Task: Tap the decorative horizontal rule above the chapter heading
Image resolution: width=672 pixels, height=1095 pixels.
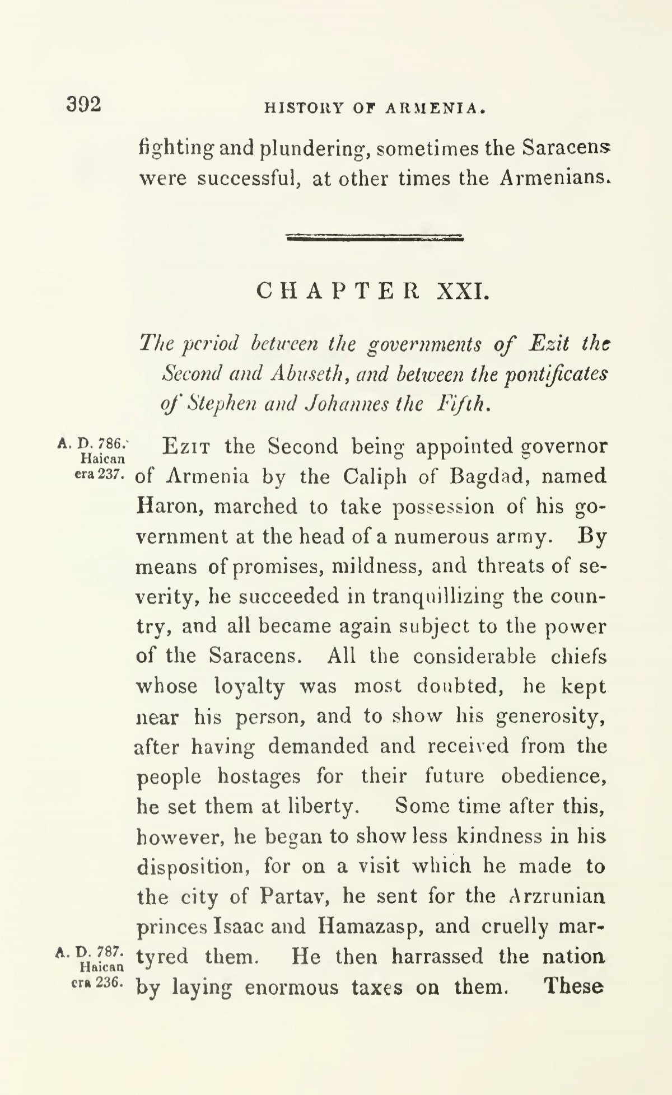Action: point(375,238)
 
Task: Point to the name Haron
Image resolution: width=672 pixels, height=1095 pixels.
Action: point(170,506)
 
